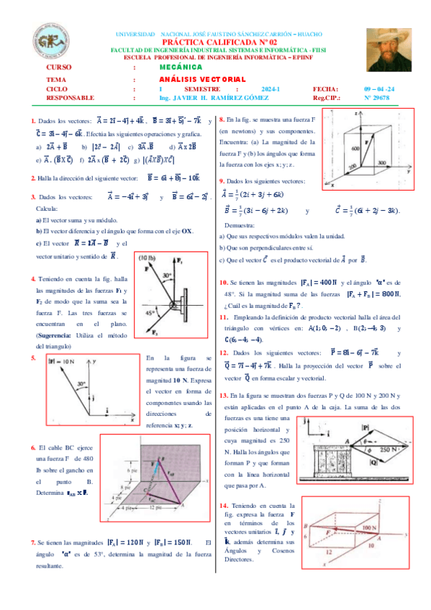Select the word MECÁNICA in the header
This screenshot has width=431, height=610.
181,67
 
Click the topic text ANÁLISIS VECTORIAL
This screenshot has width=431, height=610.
202,78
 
